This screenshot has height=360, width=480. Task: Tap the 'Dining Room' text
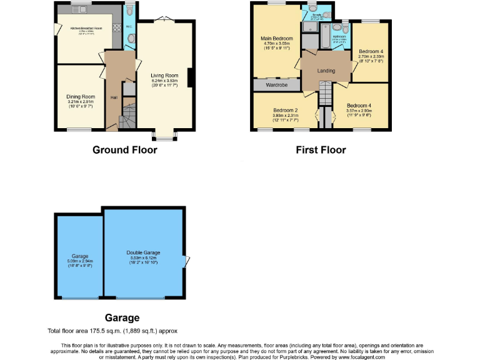[81, 97]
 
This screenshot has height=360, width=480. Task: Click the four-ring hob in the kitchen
[115, 27]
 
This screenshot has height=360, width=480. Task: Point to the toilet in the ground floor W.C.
[129, 39]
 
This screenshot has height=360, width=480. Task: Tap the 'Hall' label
[114, 98]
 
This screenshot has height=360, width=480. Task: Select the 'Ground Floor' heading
[124, 150]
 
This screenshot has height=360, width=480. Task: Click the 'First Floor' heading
[321, 150]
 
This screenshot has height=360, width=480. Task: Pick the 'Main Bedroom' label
[277, 39]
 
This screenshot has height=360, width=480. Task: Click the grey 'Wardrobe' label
[276, 84]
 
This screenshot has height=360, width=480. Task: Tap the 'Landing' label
[326, 71]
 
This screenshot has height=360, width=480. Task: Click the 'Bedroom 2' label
[285, 111]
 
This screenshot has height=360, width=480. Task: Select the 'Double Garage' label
[143, 251]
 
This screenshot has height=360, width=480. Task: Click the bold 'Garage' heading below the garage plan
[122, 318]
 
